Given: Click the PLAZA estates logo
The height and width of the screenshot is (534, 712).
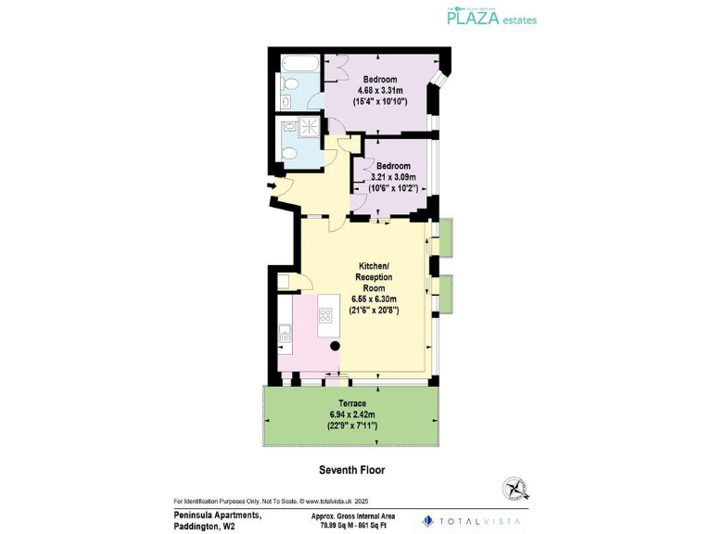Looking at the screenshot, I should (491, 17).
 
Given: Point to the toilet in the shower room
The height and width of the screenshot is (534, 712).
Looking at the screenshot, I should (287, 154).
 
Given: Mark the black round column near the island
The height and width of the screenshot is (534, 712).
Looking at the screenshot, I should (336, 346).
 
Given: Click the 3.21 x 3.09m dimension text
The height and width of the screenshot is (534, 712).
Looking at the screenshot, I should (393, 177).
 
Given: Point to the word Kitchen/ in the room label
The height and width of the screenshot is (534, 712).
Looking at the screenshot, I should (375, 266).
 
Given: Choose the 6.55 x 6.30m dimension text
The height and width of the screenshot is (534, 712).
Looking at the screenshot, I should (375, 299).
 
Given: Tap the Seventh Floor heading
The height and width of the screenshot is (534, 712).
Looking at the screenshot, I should (351, 470).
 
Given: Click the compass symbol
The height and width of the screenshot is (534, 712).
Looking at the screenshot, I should (515, 489).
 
